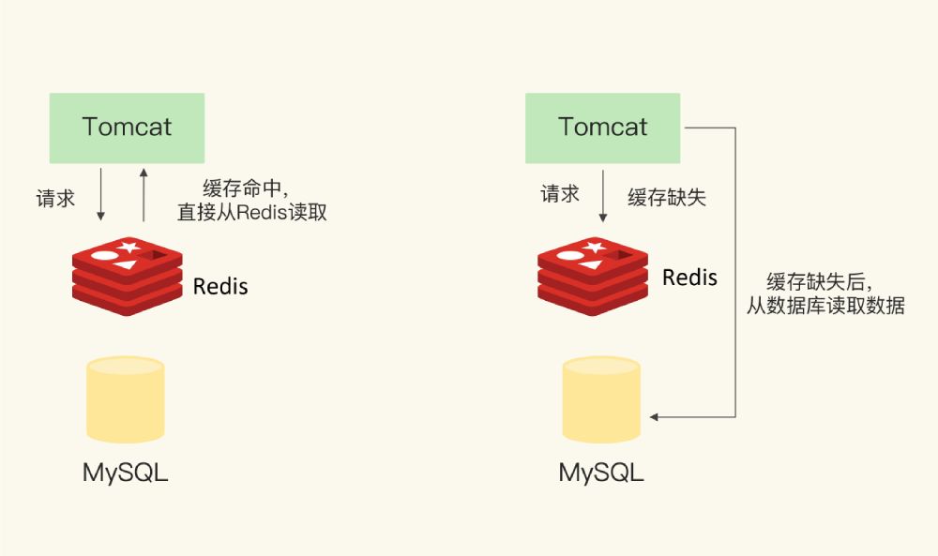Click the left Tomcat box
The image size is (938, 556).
[x=127, y=128]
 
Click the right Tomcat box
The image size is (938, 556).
[x=603, y=128]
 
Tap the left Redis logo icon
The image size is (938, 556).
[x=127, y=272]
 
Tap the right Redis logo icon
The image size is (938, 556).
[x=592, y=272]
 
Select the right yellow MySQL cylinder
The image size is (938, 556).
[x=601, y=399]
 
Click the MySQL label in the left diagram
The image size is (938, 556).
[x=126, y=472]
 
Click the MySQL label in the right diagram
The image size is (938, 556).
[x=601, y=472]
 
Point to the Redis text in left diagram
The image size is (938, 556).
[x=220, y=286]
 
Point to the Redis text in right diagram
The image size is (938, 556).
[x=689, y=278]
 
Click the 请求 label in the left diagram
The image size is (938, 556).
[x=55, y=199]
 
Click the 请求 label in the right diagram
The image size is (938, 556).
[x=560, y=194]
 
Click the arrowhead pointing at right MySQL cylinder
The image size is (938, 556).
[x=655, y=416]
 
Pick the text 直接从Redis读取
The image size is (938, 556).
[x=252, y=212]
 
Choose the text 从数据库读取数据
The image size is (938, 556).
[x=825, y=306]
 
